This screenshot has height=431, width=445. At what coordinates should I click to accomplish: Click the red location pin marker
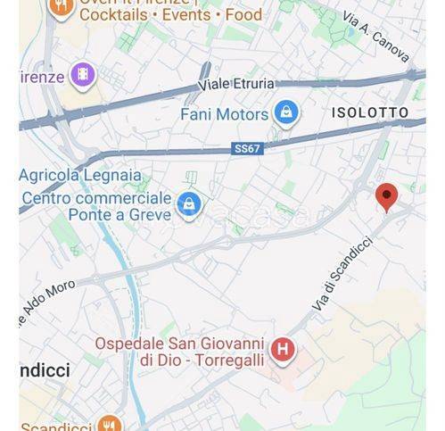(x=386, y=196)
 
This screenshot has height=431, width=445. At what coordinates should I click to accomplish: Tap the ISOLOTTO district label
(x=370, y=112)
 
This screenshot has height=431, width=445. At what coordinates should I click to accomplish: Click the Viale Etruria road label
(x=236, y=85)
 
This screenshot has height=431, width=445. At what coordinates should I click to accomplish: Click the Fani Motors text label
(x=224, y=114)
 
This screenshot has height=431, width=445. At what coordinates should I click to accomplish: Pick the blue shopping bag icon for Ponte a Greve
(x=188, y=204)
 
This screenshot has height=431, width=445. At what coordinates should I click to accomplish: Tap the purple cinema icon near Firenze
(x=83, y=75)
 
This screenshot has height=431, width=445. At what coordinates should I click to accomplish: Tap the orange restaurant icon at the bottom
(x=110, y=423)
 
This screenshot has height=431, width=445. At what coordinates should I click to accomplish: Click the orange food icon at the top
(x=61, y=8)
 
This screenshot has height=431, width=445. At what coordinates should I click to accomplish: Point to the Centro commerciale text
(x=96, y=197)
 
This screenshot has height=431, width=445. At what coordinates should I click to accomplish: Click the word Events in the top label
(x=187, y=15)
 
